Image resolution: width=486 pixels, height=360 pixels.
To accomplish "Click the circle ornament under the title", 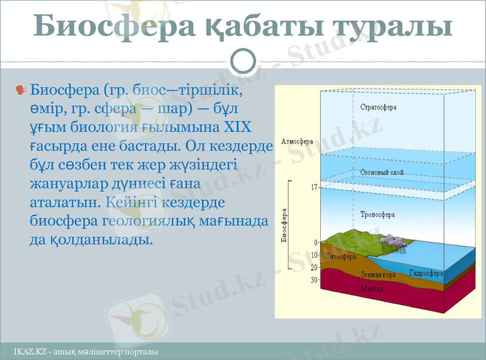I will point(244,61).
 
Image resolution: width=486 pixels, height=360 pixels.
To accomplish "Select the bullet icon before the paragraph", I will point(20,90).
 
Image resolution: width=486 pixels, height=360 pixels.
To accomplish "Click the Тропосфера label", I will point(377,214).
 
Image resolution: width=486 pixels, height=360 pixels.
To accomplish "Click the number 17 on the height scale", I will point(313,188).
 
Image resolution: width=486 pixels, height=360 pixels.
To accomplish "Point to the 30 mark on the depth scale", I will point(313,280).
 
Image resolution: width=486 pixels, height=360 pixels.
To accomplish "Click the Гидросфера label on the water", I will point(425,273).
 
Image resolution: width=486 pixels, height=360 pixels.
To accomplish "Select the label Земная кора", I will point(378,275).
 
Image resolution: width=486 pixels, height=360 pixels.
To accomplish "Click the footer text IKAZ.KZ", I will point(30,352).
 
